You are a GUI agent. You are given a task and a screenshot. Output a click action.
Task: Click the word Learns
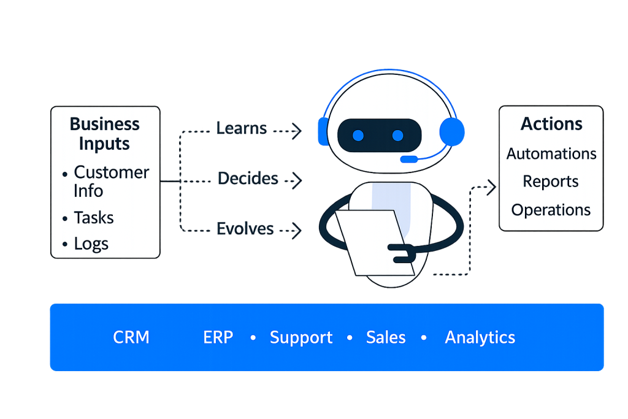(242, 129)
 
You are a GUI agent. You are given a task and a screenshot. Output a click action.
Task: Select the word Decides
(248, 179)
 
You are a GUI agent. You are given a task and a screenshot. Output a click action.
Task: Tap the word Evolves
(245, 229)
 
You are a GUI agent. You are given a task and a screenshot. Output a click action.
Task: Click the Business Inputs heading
(104, 134)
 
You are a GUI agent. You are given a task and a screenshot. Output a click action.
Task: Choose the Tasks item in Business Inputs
(94, 218)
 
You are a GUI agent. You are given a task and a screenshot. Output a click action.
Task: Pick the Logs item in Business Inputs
(91, 244)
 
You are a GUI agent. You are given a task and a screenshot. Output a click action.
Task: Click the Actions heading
(551, 124)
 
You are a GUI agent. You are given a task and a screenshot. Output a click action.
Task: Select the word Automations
(551, 153)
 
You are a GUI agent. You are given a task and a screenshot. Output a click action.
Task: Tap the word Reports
(551, 182)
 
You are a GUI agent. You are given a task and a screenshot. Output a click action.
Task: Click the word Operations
(551, 210)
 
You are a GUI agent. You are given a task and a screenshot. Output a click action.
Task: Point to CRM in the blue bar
(131, 337)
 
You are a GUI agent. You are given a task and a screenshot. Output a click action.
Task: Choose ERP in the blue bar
(218, 337)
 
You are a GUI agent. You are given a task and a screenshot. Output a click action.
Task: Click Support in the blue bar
(301, 337)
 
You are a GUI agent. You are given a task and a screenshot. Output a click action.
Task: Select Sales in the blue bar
(386, 337)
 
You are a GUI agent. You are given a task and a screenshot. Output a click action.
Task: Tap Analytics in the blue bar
(480, 337)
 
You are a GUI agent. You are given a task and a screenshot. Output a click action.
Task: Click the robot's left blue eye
(359, 135)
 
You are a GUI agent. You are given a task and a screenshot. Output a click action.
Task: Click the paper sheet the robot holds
(371, 242)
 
